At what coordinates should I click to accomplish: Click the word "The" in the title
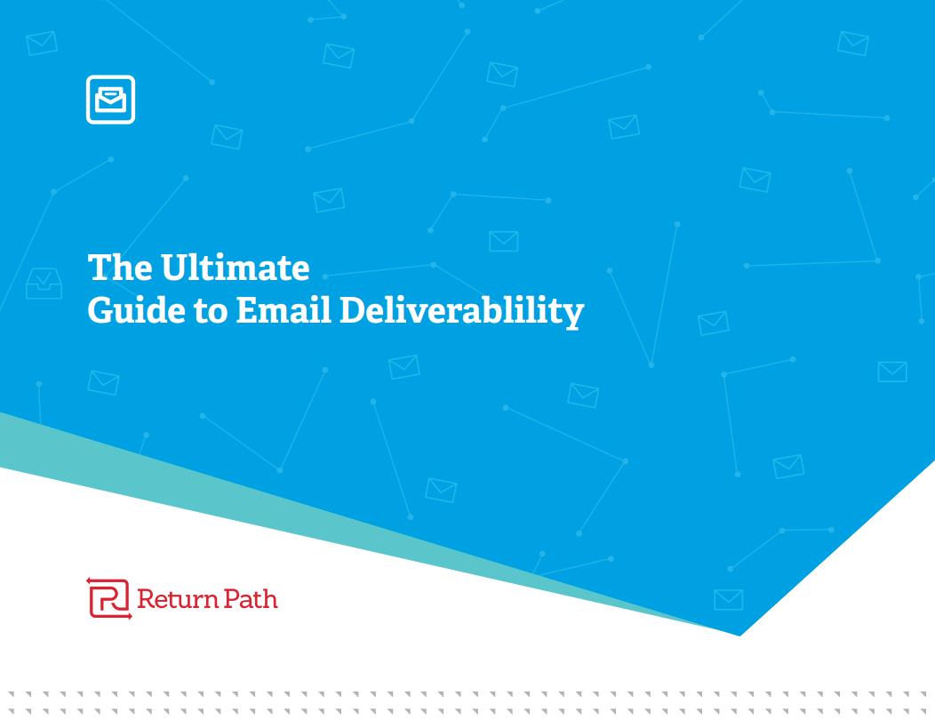coord(119,267)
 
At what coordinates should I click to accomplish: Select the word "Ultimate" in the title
coord(235,267)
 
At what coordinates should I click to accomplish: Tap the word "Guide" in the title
coord(137,310)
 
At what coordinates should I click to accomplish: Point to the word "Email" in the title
coord(284,310)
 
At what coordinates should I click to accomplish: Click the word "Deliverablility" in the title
coord(461,311)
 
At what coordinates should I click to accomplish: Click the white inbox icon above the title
coord(110,100)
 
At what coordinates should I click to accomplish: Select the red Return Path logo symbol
coord(109,598)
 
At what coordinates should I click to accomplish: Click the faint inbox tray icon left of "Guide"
coord(44,284)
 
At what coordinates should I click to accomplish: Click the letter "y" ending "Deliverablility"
coord(573,315)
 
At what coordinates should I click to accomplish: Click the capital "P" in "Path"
coord(233,599)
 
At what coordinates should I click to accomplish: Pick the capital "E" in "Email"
coord(247,310)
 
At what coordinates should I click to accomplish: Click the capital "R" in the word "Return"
coord(146,599)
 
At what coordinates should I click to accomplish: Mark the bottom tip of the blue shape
coord(739,636)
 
